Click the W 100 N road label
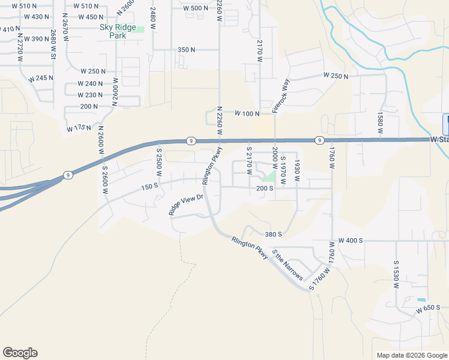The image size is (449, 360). pos(246,113)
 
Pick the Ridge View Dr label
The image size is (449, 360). pos(186,205)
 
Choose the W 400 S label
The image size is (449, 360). pos(351,241)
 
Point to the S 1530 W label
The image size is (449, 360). pos(396,275)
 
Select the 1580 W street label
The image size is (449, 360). pos(380,122)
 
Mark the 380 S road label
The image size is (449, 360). pos(273,234)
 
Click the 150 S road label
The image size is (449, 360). pos(149,187)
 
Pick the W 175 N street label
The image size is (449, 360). pos(79,128)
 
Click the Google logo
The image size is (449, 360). pos(20,353)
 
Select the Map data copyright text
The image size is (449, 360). pos(411,355)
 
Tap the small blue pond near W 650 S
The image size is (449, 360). pos(421,299)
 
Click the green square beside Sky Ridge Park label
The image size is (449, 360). pos(140,29)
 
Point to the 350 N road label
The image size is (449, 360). pos(187,50)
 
